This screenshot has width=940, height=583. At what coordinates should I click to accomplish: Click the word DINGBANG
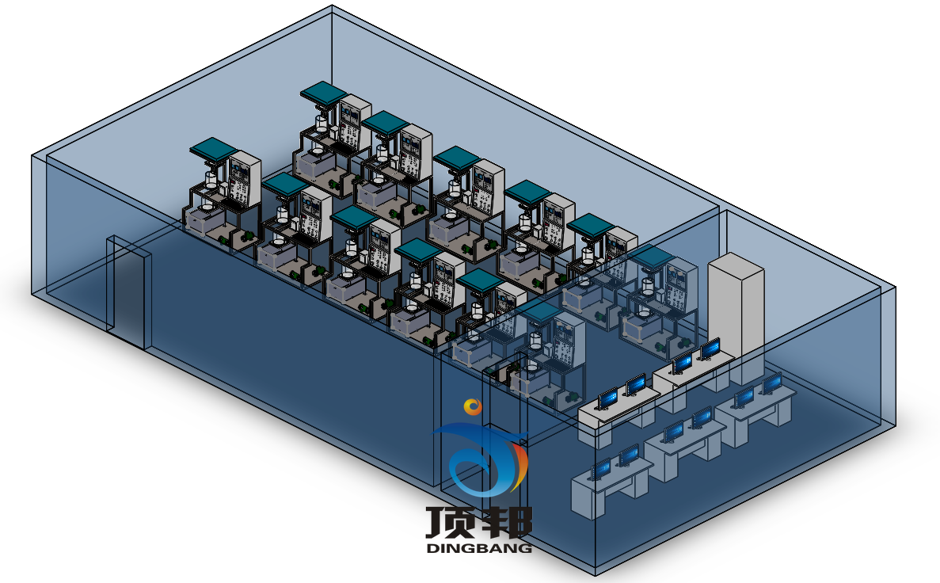tap(479, 547)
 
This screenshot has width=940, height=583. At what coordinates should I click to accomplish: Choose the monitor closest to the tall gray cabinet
tap(710, 348)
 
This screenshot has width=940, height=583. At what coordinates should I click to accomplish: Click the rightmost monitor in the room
tap(771, 383)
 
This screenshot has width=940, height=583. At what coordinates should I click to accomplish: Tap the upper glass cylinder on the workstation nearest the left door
tap(211, 179)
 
